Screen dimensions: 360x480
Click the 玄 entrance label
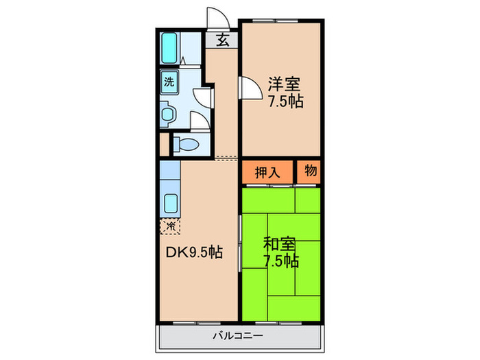point(222,40)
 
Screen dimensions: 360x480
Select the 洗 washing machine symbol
point(168,82)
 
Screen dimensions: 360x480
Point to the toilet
point(185,145)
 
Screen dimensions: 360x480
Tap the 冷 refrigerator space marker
point(169,225)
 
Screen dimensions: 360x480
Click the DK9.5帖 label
point(193,252)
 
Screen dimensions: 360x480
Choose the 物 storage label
point(311,172)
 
